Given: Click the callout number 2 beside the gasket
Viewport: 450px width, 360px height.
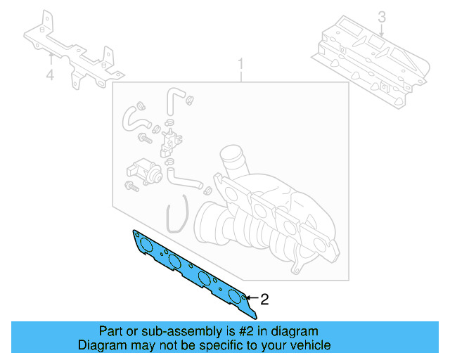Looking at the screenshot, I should coord(264,299).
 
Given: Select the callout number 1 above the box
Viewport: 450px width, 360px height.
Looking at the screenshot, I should coord(240,65).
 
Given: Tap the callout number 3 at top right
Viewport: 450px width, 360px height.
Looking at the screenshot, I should coord(381,16).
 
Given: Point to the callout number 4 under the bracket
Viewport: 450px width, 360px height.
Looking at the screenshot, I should coord(50,75).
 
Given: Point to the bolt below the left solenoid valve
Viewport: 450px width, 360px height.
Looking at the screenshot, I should coord(131,187).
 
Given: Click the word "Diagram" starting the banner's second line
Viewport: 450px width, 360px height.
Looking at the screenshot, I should coord(99,345).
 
